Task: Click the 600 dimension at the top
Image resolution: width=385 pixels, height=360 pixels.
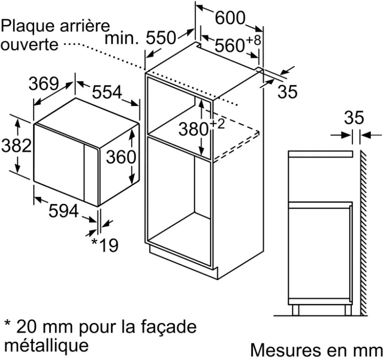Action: coord(230,18)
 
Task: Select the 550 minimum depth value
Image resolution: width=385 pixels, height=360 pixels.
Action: coord(161,38)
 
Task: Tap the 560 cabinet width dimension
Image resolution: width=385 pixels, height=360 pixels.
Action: coord(229,46)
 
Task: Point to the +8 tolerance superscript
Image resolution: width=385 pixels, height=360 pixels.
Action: coord(253,40)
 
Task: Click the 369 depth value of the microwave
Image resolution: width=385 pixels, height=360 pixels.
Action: coord(44,84)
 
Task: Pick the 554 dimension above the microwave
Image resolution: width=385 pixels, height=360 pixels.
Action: coord(107,92)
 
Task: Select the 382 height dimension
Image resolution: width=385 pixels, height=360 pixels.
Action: coord(16,145)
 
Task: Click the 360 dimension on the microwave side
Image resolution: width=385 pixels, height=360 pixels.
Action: coord(121,157)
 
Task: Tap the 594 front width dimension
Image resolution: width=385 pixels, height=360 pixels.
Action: coord(64,210)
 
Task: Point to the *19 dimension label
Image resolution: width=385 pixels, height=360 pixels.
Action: coord(105,245)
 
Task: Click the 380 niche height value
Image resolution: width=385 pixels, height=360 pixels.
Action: coord(194,129)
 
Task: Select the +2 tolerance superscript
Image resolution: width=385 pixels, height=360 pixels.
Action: coord(217,124)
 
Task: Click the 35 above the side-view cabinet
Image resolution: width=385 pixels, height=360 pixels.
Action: coord(354,117)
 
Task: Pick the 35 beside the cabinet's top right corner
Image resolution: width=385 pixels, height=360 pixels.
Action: coord(288,92)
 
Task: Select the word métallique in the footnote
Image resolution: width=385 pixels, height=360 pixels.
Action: coord(46,346)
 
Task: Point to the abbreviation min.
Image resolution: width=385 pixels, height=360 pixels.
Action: coord(122,38)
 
